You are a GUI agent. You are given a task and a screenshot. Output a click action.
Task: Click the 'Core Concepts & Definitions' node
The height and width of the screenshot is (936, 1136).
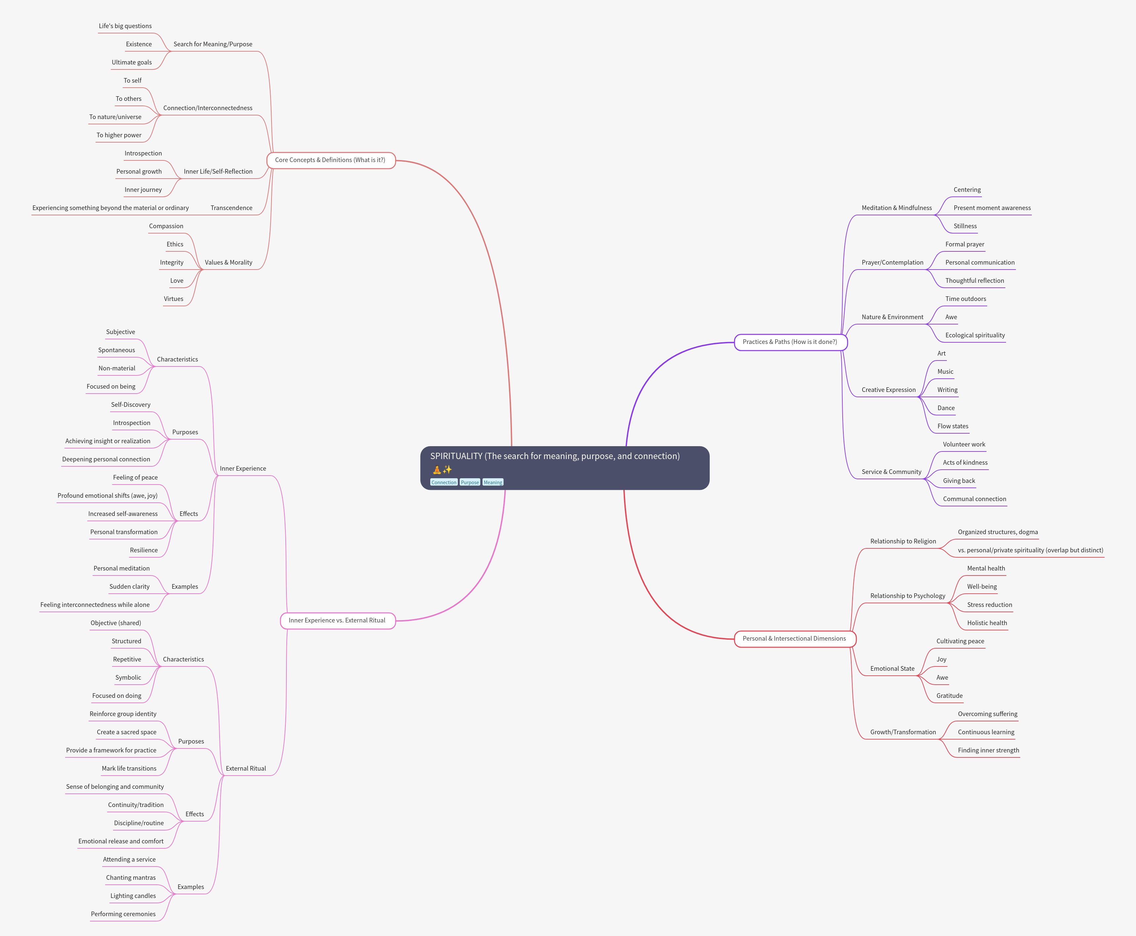tap(330, 160)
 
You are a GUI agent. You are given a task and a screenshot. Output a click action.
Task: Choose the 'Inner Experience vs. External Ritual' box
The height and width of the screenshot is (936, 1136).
tap(337, 620)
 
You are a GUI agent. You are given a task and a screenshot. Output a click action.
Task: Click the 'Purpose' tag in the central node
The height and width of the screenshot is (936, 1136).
tap(470, 483)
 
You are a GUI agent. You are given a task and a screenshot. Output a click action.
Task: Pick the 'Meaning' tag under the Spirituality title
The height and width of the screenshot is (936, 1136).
tap(493, 483)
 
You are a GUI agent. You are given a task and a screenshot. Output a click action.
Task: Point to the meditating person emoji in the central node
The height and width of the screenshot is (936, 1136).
tap(437, 470)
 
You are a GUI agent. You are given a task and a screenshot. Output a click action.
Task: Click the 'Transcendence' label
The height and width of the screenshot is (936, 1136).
tap(231, 208)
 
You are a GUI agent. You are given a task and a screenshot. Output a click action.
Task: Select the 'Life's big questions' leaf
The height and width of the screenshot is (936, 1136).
tap(125, 26)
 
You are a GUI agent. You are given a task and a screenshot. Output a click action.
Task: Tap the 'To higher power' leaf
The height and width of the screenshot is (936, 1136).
tap(119, 135)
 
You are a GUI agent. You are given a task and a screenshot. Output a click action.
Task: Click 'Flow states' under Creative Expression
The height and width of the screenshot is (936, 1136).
tap(953, 426)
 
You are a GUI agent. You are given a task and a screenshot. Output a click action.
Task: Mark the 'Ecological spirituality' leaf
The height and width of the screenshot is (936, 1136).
tap(975, 335)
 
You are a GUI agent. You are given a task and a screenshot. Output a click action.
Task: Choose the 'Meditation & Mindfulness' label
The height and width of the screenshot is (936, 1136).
tap(896, 208)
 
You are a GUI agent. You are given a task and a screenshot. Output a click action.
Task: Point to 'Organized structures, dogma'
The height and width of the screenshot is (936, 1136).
tap(997, 532)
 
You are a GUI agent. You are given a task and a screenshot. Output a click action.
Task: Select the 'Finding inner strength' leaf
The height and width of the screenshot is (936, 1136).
tap(988, 750)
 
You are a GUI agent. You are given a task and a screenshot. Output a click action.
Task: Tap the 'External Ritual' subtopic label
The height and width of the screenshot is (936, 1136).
tap(246, 769)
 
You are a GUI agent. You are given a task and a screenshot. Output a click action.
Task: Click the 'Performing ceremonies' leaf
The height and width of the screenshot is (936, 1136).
tap(123, 915)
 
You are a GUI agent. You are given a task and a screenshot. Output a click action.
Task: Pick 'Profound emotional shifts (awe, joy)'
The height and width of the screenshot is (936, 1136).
tap(107, 496)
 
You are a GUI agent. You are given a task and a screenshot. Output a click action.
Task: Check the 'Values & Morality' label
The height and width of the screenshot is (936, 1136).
tap(229, 263)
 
